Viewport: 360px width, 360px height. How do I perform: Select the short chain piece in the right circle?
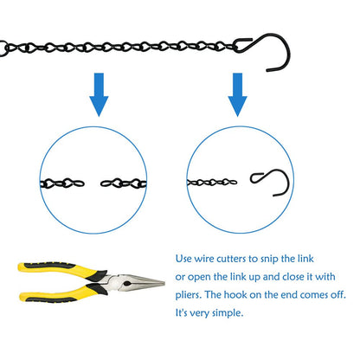coord(212,183)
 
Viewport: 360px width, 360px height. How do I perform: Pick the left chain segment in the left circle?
coord(62,183)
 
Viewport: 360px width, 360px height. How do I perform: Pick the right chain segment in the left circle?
coord(124,183)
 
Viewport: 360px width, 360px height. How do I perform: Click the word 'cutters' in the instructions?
coord(232,259)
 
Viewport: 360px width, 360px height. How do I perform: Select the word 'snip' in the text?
coord(270,260)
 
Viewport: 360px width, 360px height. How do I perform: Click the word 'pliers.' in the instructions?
coord(189,295)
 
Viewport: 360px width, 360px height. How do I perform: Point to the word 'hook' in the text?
coord(235,295)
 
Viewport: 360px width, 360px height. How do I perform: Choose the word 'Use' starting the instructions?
coord(183,259)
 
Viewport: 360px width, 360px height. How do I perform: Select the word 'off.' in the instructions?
coord(338,295)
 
